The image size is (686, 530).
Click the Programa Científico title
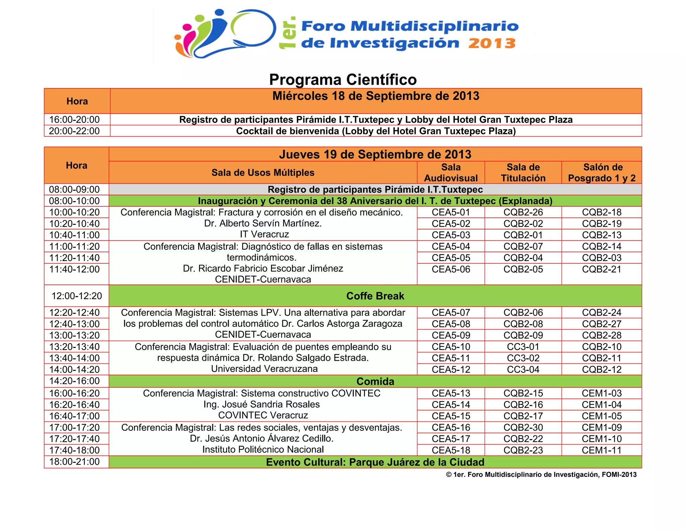click(343, 80)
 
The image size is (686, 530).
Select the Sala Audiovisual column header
click(451, 173)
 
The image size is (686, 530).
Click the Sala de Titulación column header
click(523, 173)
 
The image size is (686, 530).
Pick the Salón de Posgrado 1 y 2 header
click(602, 173)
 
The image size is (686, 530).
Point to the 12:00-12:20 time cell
click(77, 296)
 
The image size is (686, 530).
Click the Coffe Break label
click(375, 296)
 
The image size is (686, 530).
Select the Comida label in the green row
click(375, 381)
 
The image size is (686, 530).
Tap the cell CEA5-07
click(451, 313)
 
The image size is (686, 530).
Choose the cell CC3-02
click(523, 358)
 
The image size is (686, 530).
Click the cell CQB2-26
click(523, 212)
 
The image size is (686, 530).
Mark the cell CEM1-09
click(602, 427)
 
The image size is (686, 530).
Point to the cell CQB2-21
click(602, 269)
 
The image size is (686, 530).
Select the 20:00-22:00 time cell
click(74, 131)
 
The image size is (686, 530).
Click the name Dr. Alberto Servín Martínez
click(263, 223)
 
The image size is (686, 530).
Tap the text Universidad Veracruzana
click(264, 369)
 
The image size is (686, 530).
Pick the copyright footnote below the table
click(541, 474)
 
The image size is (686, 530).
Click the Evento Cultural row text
click(375, 462)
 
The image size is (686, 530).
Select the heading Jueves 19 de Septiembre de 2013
click(375, 154)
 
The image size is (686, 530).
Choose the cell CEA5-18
click(451, 450)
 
